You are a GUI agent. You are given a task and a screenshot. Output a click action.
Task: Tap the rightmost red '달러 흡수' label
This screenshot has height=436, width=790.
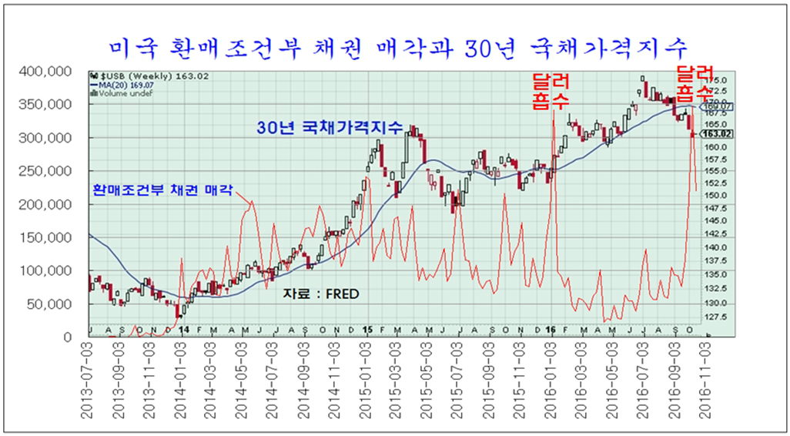(692, 83)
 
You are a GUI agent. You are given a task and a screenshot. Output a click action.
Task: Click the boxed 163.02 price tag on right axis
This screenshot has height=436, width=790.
(720, 133)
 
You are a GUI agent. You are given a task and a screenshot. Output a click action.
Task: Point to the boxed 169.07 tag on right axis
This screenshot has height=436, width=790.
(720, 107)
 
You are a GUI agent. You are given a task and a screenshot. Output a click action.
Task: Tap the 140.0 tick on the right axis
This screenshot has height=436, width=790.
(718, 247)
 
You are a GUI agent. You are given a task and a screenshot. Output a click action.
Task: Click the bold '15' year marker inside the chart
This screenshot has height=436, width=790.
(367, 330)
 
